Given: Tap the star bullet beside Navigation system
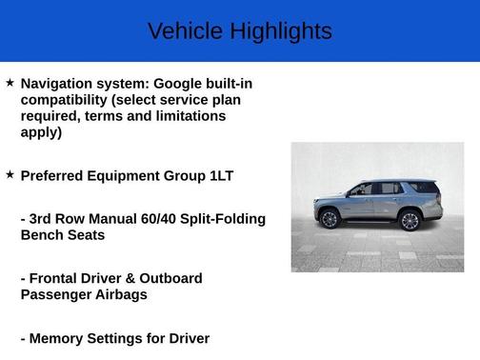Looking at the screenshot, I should pyautogui.click(x=10, y=83).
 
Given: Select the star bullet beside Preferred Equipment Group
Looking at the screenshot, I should pyautogui.click(x=10, y=175).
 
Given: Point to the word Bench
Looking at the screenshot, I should pyautogui.click(x=43, y=234).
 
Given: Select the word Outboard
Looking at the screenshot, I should pyautogui.click(x=170, y=278).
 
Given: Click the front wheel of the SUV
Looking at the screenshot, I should pyautogui.click(x=330, y=219).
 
